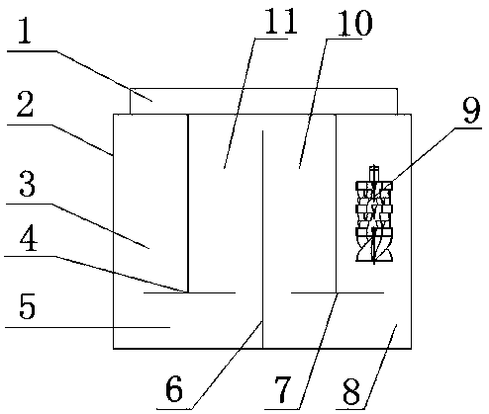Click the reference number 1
pyautogui.click(x=25, y=32)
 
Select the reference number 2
pyautogui.click(x=25, y=105)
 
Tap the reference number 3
pyautogui.click(x=27, y=184)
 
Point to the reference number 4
pyautogui.click(x=29, y=240)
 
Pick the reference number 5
pyautogui.click(x=27, y=306)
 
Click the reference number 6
pyautogui.click(x=174, y=389)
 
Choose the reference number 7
pyautogui.click(x=283, y=390)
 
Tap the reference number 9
pyautogui.click(x=471, y=111)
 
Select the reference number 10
pyautogui.click(x=354, y=22)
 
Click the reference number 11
pyautogui.click(x=281, y=22)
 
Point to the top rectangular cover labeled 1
pyautogui.click(x=264, y=101)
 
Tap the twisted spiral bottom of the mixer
pyautogui.click(x=374, y=249)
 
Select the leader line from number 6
pyautogui.click(x=227, y=365)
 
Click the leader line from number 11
pyautogui.click(x=240, y=104)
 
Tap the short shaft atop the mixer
pyautogui.click(x=373, y=174)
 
